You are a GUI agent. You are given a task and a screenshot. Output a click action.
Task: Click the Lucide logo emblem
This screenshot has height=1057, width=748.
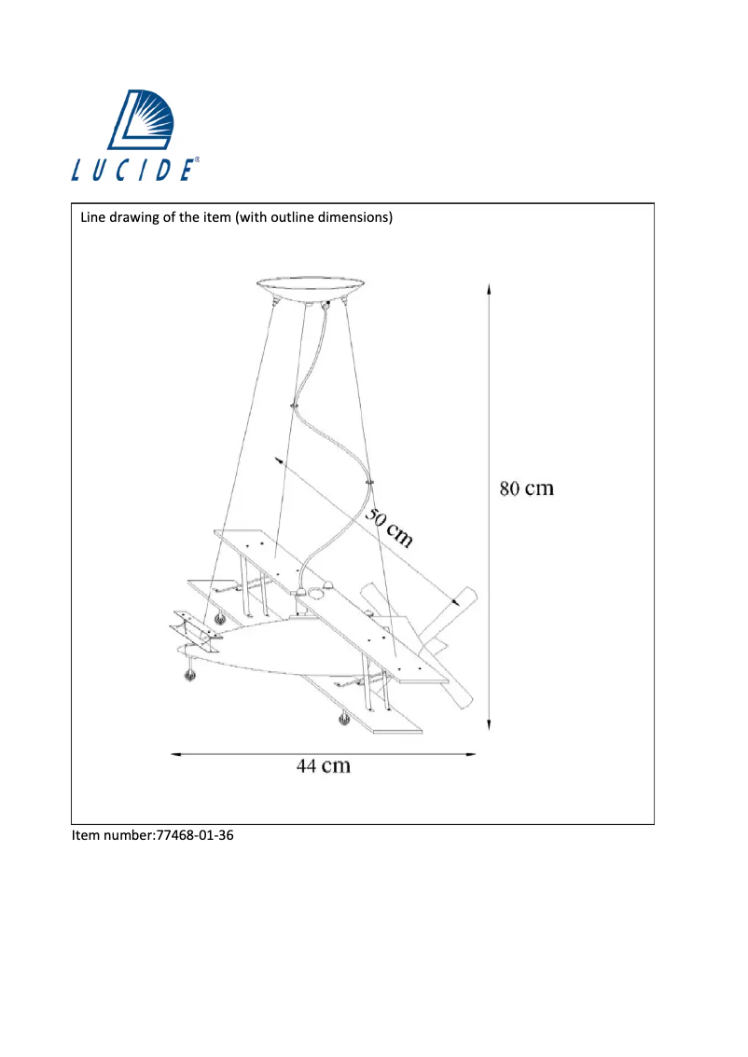coord(148,120)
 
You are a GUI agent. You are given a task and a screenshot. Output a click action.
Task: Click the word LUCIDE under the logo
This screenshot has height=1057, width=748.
coord(134,170)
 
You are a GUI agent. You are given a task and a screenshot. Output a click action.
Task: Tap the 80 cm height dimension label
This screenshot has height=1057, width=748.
coord(527,489)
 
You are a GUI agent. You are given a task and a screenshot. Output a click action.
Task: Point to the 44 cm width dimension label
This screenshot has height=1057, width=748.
coord(324,766)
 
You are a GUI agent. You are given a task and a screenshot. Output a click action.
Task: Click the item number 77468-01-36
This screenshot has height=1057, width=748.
coord(193,836)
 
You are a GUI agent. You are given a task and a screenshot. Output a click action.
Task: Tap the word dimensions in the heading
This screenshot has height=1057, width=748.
coord(352,218)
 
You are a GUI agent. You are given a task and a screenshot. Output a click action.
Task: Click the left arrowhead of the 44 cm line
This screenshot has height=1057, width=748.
coord(175,753)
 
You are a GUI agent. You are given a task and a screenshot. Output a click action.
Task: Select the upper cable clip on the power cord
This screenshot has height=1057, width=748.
coord(295,406)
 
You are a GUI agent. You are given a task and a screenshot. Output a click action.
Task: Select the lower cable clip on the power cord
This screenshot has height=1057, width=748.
coord(370,481)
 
